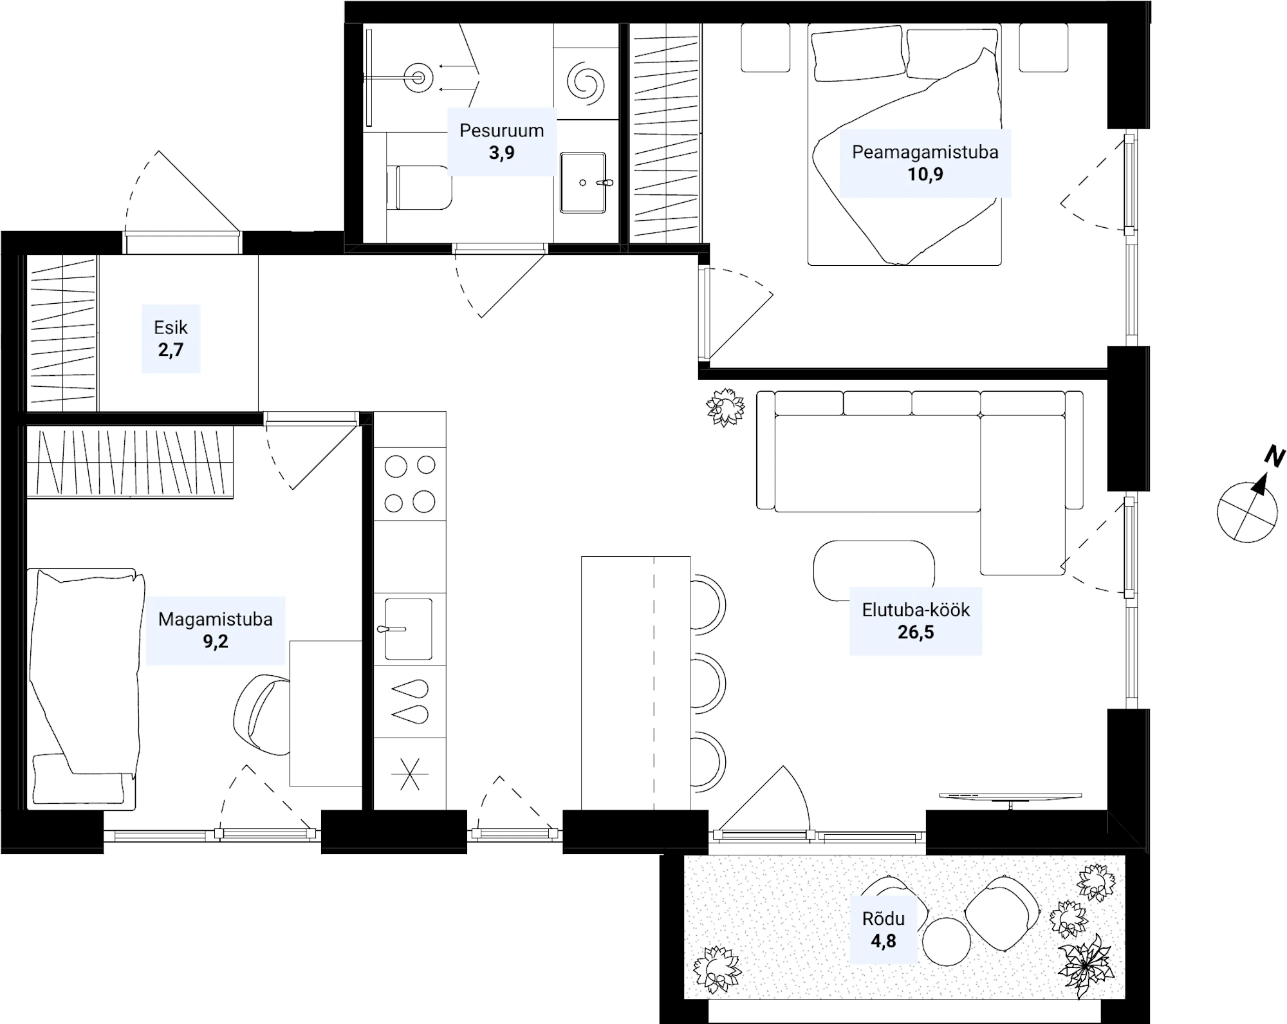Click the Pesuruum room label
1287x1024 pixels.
click(501, 131)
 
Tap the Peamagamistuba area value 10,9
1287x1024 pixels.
click(925, 174)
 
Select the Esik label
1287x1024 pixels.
click(171, 328)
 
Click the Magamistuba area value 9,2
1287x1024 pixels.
click(216, 642)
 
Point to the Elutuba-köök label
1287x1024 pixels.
click(916, 610)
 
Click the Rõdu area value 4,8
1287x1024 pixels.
click(884, 942)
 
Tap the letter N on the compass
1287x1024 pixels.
click(1275, 456)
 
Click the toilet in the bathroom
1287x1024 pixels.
click(419, 187)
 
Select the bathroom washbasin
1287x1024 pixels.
click(583, 183)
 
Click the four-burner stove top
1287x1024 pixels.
click(410, 484)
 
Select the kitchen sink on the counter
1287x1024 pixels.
click(408, 629)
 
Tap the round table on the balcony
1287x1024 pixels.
click(946, 941)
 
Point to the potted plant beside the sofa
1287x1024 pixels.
click(725, 407)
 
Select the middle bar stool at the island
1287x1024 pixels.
click(708, 683)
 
